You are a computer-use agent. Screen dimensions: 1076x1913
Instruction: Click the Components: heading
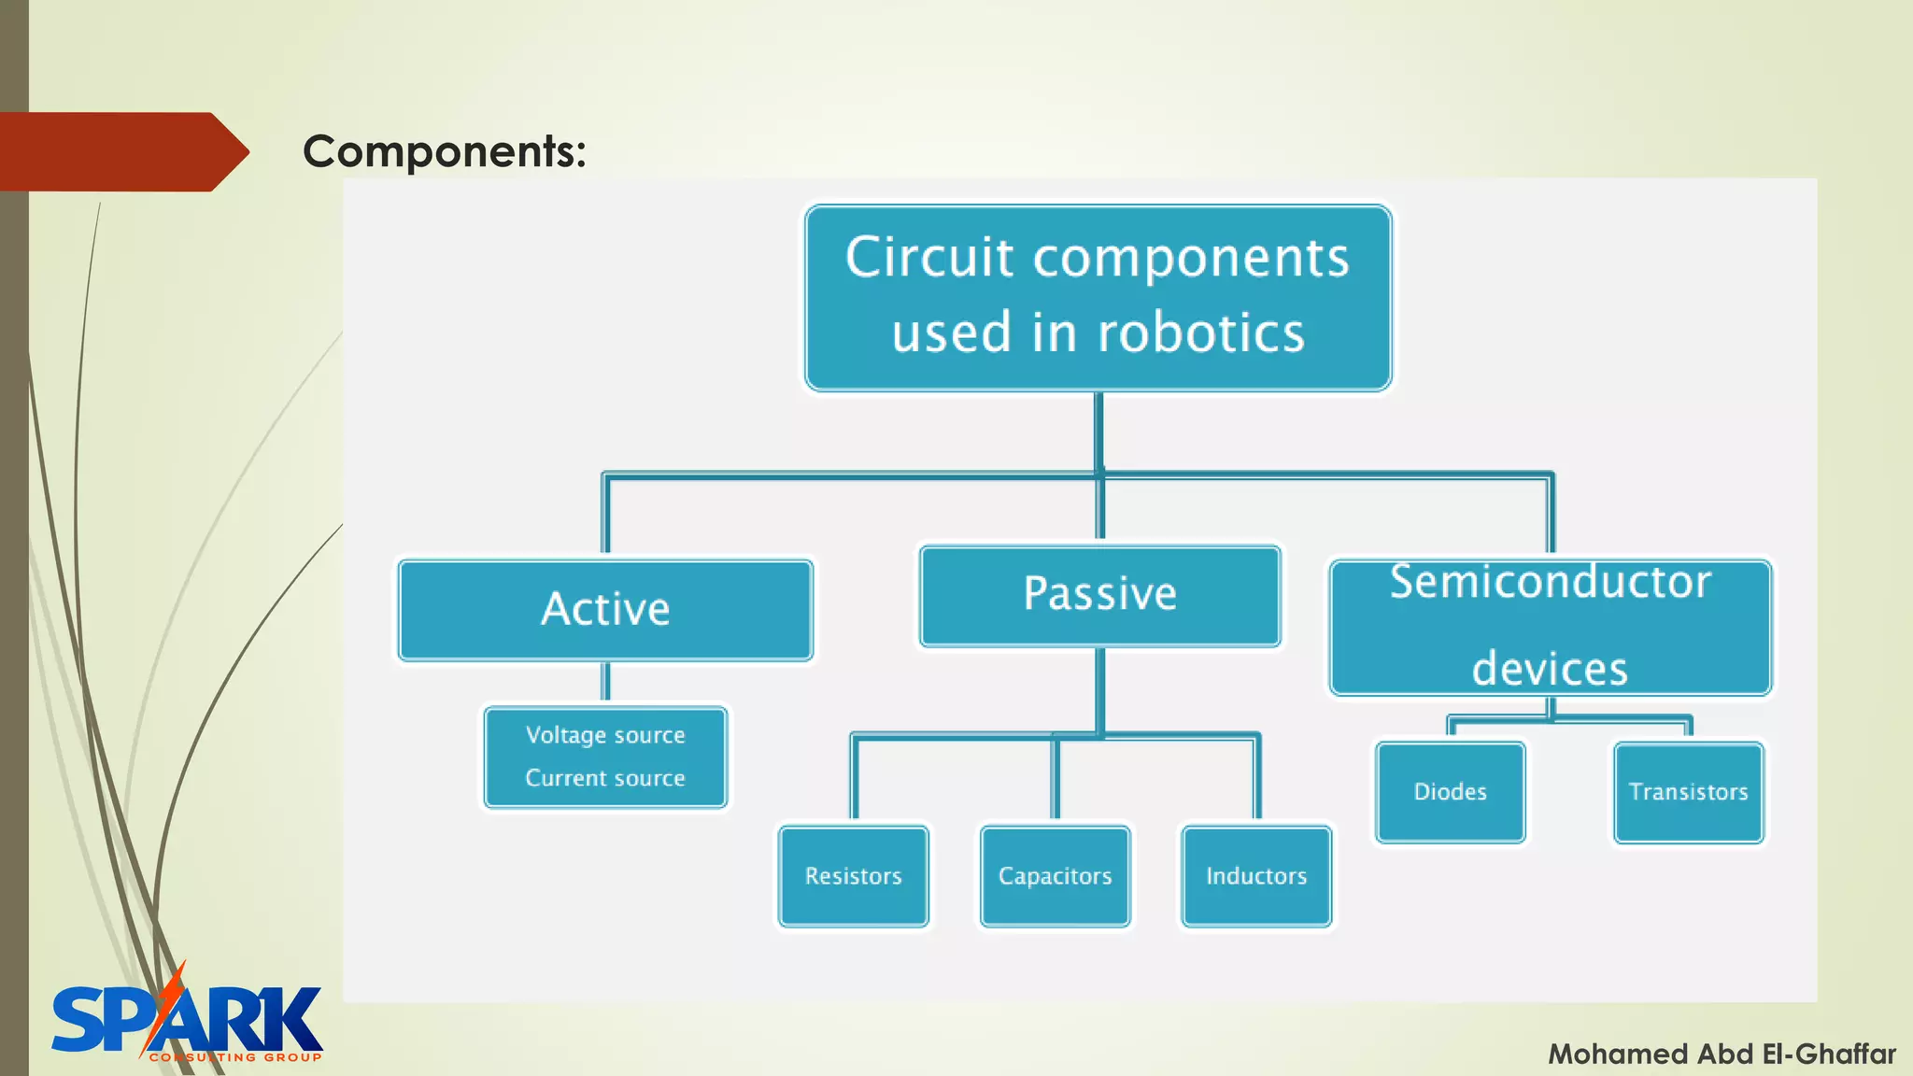445,151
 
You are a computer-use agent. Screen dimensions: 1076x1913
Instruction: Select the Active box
605,610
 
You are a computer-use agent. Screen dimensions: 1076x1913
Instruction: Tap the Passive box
1099,595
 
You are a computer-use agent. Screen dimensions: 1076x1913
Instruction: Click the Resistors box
853,876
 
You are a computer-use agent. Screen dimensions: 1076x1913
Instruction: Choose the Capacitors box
1055,876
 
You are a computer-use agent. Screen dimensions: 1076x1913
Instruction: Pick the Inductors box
1256,876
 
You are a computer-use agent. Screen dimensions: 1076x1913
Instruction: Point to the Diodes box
1450,792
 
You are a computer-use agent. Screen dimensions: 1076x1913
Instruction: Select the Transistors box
1688,792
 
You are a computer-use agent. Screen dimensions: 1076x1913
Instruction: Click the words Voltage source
605,735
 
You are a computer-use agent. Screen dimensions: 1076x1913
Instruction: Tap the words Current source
605,778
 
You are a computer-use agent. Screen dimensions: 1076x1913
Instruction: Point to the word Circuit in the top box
929,257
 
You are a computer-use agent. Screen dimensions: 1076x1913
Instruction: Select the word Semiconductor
1551,582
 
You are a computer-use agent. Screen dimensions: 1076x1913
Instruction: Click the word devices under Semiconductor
1551,669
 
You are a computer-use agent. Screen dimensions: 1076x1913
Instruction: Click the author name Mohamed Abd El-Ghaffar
1722,1054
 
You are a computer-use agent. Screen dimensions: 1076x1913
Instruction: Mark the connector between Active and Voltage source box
605,682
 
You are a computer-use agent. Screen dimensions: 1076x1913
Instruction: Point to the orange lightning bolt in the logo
171,1004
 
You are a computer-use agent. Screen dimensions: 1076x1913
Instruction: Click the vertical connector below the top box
1098,430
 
